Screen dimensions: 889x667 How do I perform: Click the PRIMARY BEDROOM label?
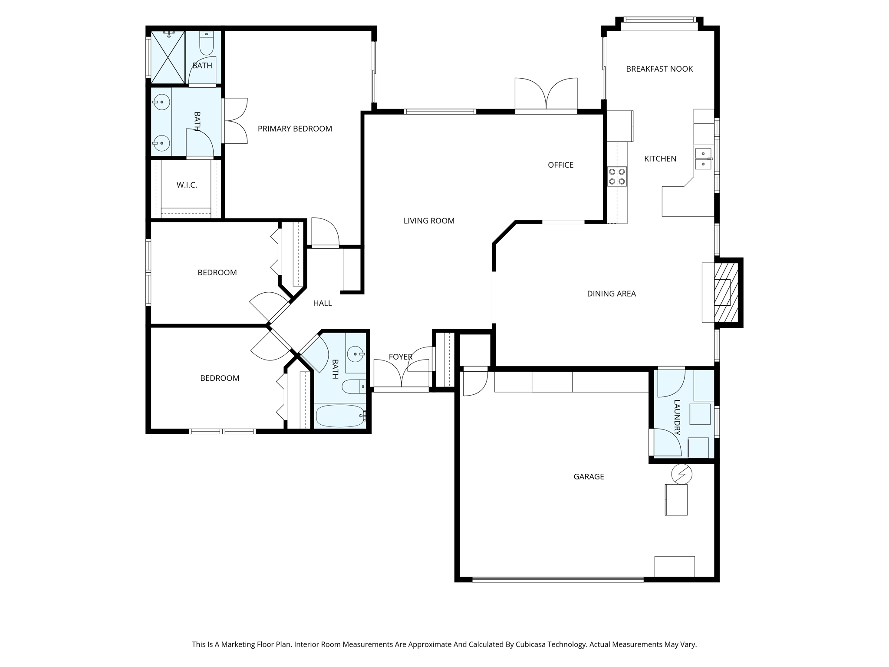(x=295, y=129)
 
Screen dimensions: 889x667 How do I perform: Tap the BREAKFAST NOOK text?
(x=659, y=69)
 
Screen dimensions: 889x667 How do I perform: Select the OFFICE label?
(x=560, y=165)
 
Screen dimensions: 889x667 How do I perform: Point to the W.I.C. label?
(x=187, y=185)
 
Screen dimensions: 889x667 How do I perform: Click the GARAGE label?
(x=589, y=476)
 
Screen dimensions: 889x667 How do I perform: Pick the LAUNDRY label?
(x=677, y=417)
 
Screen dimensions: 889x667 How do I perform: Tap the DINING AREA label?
(x=611, y=294)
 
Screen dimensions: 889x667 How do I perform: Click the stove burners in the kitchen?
(x=617, y=177)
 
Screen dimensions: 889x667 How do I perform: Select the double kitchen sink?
(x=703, y=158)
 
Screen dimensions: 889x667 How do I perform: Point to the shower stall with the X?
(x=168, y=57)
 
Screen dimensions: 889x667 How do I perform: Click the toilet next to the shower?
(x=206, y=43)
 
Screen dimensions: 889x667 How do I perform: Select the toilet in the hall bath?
(x=354, y=386)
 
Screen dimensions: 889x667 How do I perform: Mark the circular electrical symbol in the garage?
(x=682, y=474)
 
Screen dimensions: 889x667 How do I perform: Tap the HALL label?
(x=323, y=304)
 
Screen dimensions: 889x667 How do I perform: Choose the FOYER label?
(x=400, y=357)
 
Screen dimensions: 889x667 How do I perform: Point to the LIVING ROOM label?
(x=429, y=221)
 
